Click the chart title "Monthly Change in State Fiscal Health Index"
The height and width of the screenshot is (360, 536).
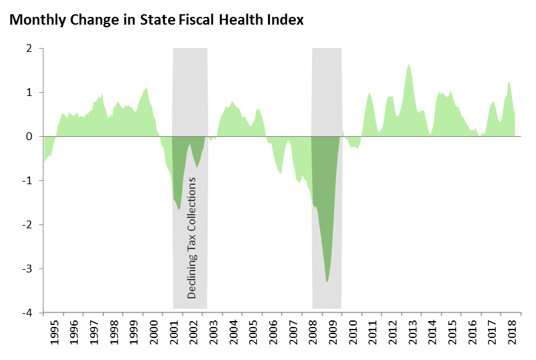(x=156, y=19)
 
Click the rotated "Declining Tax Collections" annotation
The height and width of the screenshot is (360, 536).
(x=191, y=237)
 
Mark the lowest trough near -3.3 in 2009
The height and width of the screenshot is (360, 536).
(x=328, y=282)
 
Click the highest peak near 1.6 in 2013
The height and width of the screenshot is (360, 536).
(x=409, y=65)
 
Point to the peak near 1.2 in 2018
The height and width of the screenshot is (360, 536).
(x=509, y=82)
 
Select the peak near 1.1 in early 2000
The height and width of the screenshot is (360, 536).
(x=147, y=87)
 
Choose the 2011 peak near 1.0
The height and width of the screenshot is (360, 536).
(x=369, y=93)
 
